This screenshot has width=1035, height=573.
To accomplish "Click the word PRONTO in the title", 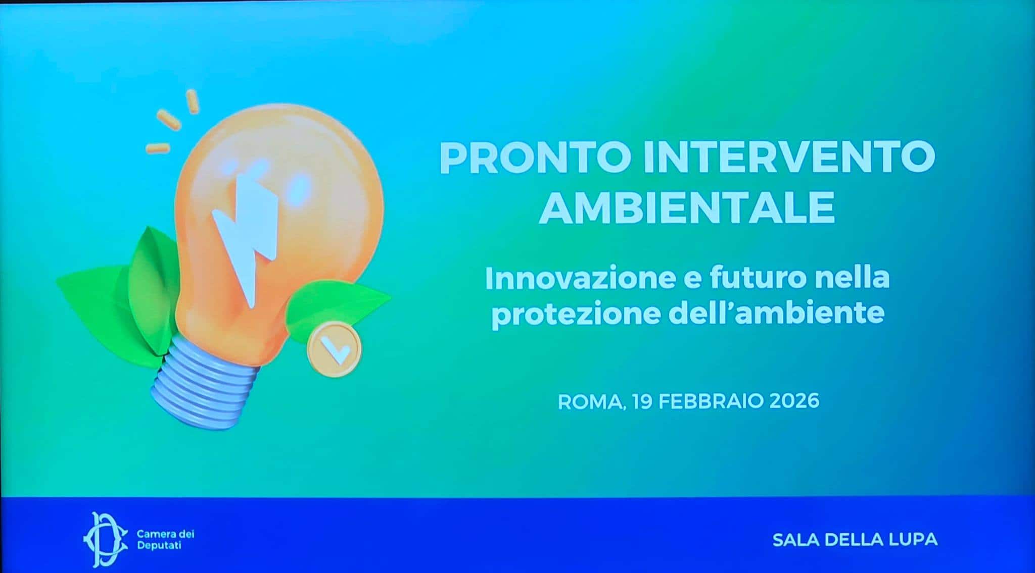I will point(535,158).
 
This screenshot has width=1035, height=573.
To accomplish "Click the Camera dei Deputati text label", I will point(165,540).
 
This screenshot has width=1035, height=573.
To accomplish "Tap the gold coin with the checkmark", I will point(334,349).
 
